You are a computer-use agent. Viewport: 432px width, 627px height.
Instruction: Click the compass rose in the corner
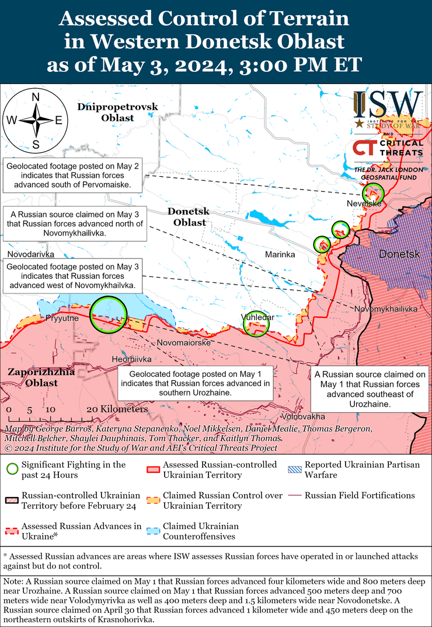(36, 120)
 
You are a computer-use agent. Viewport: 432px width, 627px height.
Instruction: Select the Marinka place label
(280, 255)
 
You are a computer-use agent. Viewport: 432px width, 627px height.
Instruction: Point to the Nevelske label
(364, 203)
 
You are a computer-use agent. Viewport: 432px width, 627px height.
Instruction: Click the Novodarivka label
(31, 255)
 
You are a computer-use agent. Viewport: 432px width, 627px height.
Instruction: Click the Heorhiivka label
(132, 359)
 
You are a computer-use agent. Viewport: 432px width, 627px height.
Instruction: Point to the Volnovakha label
(302, 417)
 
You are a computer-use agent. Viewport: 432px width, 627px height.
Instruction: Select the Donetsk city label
(400, 254)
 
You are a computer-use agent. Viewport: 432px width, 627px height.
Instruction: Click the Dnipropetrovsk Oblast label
(117, 112)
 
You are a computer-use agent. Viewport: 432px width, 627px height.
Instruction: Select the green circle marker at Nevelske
(372, 192)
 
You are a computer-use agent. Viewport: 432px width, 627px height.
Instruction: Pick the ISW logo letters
(388, 105)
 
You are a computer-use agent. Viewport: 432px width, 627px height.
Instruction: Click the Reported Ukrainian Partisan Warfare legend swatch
(295, 470)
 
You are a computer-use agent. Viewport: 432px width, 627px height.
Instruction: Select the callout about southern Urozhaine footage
(196, 383)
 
